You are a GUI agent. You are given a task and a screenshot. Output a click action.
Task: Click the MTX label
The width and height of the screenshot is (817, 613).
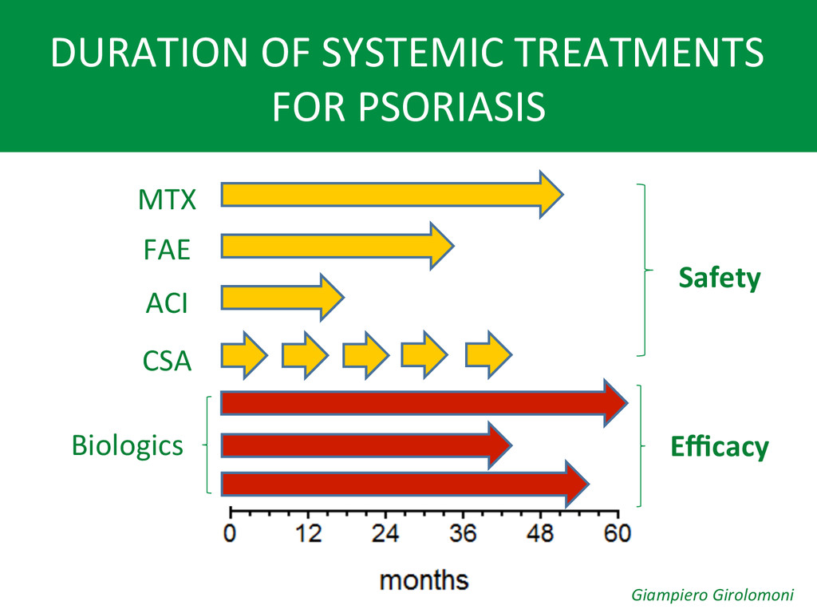point(167,199)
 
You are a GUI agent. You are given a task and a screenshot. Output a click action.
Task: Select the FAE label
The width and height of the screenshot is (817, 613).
point(167,250)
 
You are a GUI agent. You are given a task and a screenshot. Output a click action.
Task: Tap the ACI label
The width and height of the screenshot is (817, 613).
point(167,303)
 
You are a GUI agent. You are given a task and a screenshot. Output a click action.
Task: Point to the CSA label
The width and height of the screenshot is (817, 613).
point(168,361)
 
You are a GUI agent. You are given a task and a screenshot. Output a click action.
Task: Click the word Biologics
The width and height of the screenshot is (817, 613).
point(128,446)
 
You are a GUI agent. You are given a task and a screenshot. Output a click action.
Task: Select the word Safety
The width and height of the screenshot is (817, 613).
point(720,278)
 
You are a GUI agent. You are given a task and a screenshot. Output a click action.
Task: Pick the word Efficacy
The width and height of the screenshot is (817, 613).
point(720,447)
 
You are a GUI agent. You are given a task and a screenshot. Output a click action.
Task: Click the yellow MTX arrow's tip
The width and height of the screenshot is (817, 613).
point(563,195)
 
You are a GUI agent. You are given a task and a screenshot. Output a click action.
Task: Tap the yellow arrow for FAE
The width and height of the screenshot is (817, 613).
point(337,246)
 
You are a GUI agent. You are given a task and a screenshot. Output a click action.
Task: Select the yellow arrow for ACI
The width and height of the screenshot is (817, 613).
point(282,297)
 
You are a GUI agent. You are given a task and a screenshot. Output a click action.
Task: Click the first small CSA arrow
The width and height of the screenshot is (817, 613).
point(244,355)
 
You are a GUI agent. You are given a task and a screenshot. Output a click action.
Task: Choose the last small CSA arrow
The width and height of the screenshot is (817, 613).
point(489,355)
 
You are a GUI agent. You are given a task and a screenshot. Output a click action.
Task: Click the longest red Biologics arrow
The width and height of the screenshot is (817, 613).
point(424,403)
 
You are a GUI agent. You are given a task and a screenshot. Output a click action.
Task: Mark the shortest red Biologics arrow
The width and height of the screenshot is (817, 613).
point(367,445)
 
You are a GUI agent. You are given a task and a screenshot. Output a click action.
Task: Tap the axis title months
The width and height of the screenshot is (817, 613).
point(424,580)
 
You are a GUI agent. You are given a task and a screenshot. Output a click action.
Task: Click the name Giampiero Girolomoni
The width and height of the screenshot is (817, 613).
point(712,595)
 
